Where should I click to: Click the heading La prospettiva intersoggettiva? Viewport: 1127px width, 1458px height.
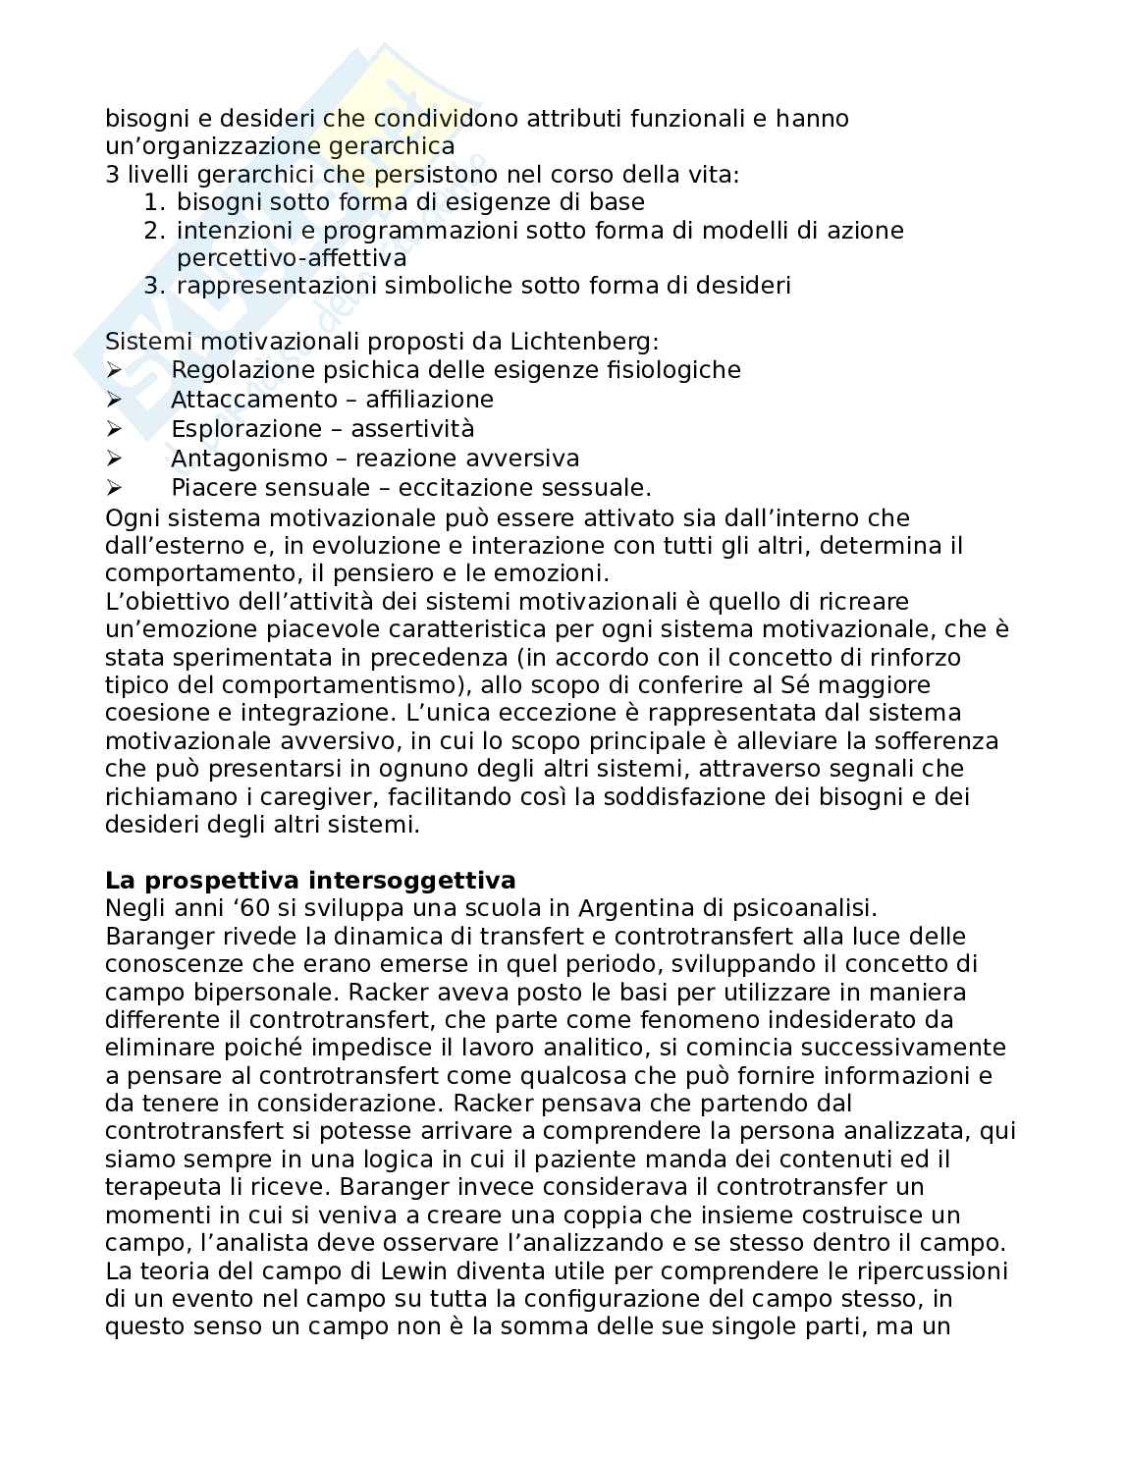(310, 880)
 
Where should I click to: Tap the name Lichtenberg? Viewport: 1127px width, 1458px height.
(583, 342)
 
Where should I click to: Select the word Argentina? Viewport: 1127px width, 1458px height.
(639, 908)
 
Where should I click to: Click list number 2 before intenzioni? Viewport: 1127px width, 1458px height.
(152, 231)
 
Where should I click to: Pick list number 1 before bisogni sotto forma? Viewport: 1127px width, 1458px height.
(152, 202)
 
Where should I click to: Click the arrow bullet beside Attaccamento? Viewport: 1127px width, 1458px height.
(113, 400)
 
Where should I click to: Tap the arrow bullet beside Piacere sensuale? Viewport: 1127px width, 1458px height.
(113, 488)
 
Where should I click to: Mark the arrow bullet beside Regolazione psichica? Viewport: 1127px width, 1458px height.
(113, 370)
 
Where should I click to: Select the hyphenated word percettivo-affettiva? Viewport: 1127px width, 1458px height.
(291, 258)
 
